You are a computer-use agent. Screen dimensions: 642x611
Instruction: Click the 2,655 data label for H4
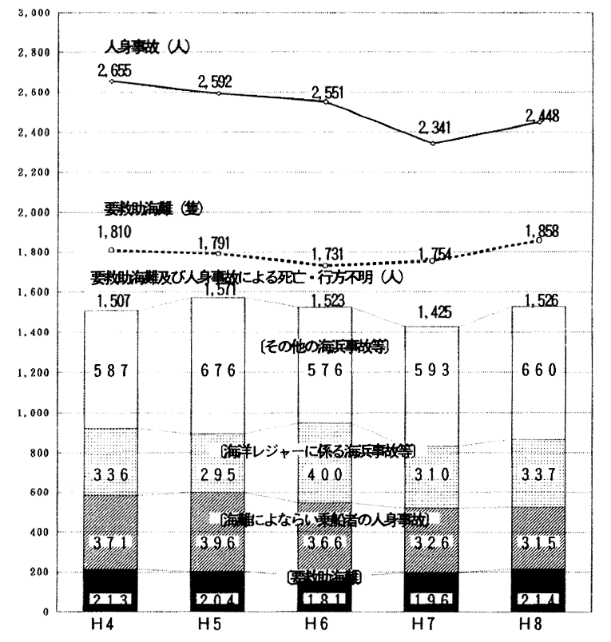[x=114, y=70]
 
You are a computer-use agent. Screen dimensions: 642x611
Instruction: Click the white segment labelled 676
[x=219, y=371]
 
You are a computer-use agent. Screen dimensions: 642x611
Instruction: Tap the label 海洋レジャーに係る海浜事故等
[x=317, y=450]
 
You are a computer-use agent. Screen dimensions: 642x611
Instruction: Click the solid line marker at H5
[x=219, y=93]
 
